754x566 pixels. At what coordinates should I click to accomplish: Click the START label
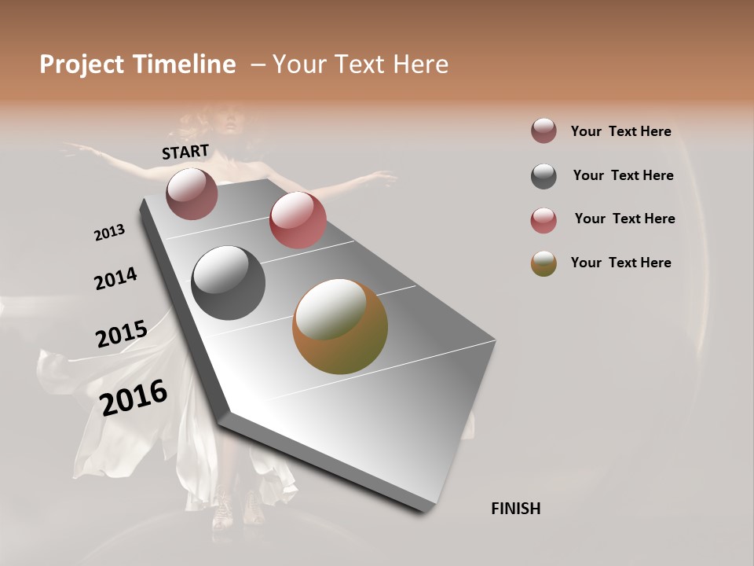point(185,152)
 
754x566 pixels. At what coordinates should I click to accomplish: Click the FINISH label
point(516,509)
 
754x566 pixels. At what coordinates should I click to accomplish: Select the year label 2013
point(109,233)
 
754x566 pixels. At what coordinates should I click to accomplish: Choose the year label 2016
point(134,397)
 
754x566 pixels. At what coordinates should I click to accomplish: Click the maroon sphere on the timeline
point(192,193)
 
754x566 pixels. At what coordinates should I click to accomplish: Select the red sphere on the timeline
point(298,220)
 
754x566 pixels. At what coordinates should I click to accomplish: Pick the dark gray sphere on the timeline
point(229,283)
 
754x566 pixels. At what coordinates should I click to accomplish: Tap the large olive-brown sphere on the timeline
point(340,326)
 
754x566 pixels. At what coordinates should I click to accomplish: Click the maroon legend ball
point(544,131)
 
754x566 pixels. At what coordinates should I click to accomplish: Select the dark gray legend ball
point(544,176)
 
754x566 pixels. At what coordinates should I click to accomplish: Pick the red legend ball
point(544,220)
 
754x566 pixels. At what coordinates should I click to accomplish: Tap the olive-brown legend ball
point(544,263)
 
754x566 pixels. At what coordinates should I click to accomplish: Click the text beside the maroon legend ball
point(620,131)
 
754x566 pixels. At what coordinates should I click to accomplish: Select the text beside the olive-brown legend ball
point(620,263)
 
